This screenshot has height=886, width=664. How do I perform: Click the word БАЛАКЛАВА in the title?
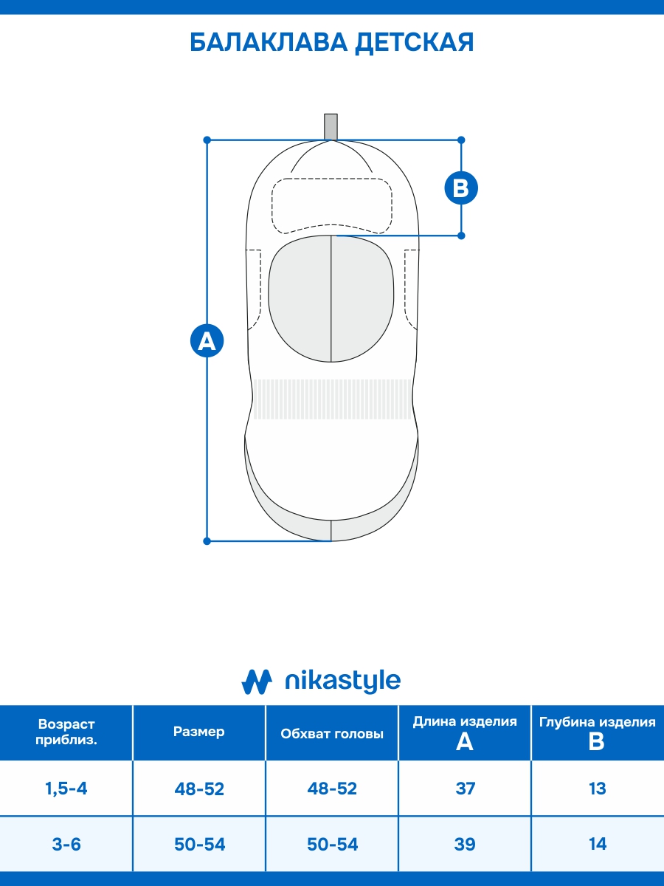pyautogui.click(x=269, y=43)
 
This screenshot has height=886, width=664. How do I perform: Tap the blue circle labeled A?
pyautogui.click(x=207, y=341)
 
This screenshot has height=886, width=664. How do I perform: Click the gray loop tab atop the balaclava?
pyautogui.click(x=331, y=126)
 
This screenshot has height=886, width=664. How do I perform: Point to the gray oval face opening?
pyautogui.click(x=331, y=299)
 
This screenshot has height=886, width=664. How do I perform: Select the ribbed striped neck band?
pyautogui.click(x=332, y=399)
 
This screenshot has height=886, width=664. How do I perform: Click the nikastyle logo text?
pyautogui.click(x=342, y=681)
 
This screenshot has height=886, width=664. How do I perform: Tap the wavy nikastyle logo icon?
pyautogui.click(x=257, y=681)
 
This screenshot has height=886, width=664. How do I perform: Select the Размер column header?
pyautogui.click(x=199, y=732)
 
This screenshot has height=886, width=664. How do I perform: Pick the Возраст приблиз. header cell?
pyautogui.click(x=66, y=732)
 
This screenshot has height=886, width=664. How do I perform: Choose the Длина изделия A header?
pyautogui.click(x=465, y=732)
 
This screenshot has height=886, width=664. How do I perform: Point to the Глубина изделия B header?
pyautogui.click(x=598, y=732)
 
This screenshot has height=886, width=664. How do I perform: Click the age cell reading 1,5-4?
pyautogui.click(x=66, y=789)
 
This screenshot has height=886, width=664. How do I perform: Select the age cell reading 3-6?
pyautogui.click(x=66, y=844)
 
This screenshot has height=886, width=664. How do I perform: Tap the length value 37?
pyautogui.click(x=465, y=789)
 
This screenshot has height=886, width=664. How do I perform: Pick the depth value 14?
pyautogui.click(x=598, y=844)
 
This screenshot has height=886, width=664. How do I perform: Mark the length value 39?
pyautogui.click(x=465, y=844)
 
